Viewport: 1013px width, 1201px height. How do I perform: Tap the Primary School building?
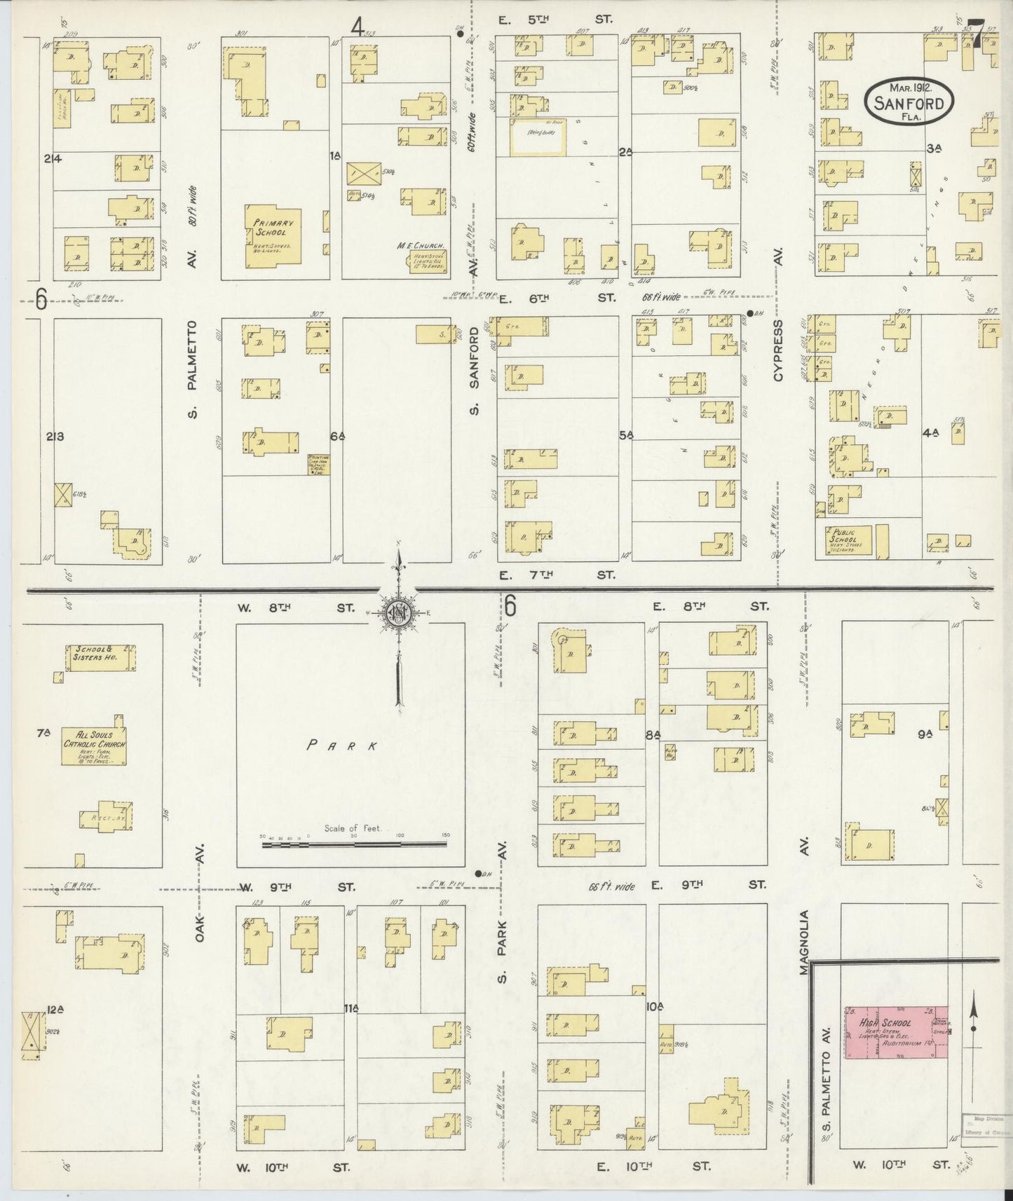(x=273, y=236)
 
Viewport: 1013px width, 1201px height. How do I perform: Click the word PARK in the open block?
(x=343, y=746)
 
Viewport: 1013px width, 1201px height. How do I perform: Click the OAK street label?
(x=200, y=926)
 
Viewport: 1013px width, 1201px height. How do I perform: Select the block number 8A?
(x=653, y=734)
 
